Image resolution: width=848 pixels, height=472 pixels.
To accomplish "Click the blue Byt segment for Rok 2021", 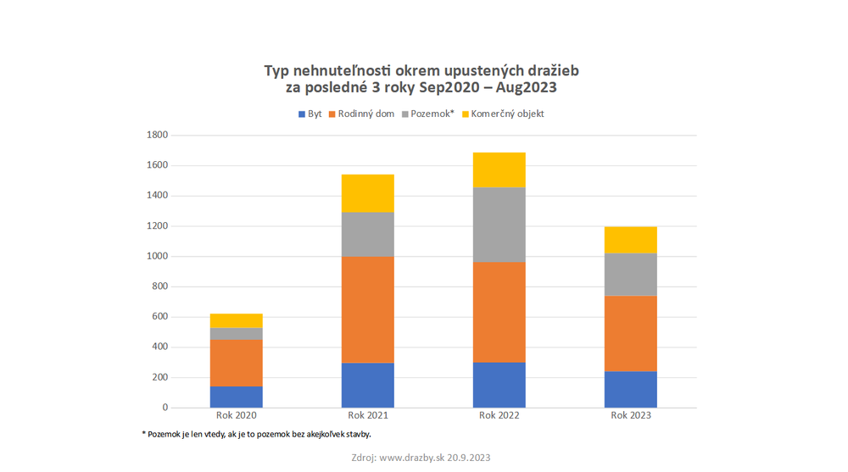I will pos(367,386).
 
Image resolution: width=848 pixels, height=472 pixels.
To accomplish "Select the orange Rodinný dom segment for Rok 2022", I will pos(499,312).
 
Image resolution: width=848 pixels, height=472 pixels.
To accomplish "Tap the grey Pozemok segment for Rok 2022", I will pos(499,225).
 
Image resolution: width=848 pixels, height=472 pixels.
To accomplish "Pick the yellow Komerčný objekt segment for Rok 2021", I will pos(367,193).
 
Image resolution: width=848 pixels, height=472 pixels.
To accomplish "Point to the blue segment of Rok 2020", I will pos(236,397).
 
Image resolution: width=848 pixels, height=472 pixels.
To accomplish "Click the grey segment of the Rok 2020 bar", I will pos(236,334).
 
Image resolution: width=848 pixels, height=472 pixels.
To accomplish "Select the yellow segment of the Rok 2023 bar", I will pos(630,240).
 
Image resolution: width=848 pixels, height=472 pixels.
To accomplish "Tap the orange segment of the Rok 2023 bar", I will pos(630,333).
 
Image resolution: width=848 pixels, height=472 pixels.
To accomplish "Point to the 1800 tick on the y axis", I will pos(158,135).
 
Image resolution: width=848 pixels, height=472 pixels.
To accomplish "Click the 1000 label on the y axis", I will pos(158,256).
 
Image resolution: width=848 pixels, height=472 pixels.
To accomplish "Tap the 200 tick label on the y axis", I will pos(160,377).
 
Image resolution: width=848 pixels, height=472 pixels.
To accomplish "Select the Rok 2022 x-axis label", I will pos(499,415).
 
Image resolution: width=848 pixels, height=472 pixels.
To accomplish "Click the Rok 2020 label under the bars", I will pos(236,415).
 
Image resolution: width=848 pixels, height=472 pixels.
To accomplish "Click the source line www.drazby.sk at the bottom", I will pos(421,457).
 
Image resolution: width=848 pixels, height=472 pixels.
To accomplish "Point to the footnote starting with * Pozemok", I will pos(256,434).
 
